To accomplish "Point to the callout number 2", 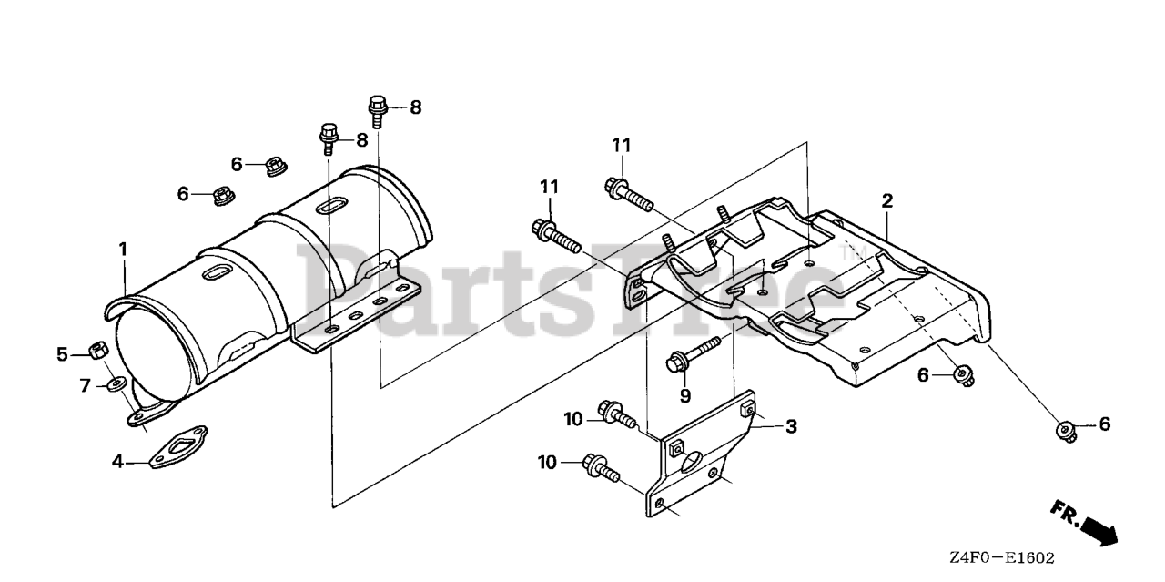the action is click(x=887, y=200).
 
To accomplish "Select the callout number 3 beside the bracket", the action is click(x=791, y=425).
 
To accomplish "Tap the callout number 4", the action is click(x=117, y=462).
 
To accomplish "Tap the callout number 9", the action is click(x=684, y=395).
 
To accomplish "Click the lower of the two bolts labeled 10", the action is click(x=603, y=468).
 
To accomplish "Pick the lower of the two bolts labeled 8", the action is click(x=329, y=138).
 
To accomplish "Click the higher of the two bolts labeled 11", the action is click(x=627, y=191).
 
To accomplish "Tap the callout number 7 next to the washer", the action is click(x=86, y=386).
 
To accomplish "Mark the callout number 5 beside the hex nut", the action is click(x=63, y=354).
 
